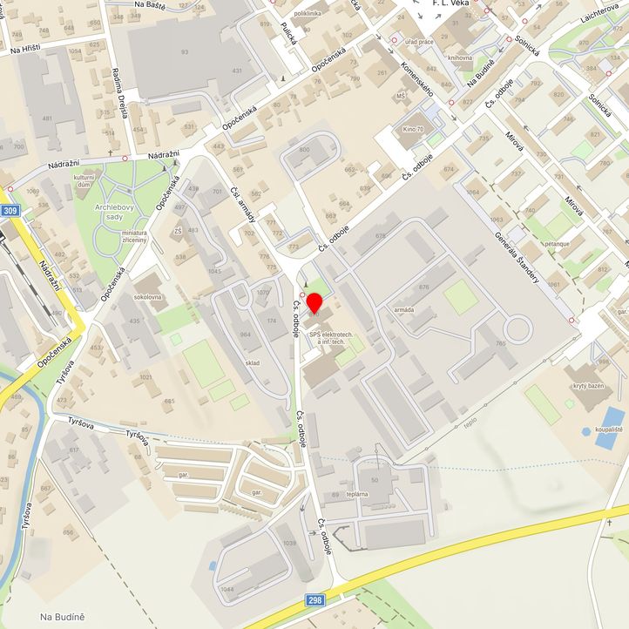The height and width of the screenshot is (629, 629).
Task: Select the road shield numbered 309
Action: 10,212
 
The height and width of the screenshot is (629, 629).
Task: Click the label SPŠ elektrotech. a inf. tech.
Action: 325,338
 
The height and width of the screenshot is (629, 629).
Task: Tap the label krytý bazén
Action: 588,385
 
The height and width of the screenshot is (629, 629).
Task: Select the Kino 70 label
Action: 413,130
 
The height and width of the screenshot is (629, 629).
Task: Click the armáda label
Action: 404,310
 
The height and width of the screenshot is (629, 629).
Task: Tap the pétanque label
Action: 558,244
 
